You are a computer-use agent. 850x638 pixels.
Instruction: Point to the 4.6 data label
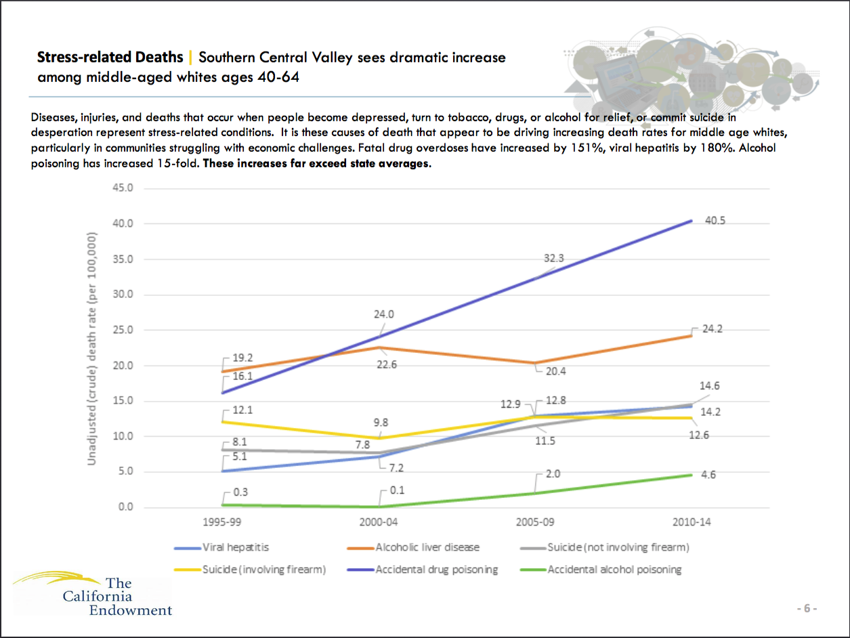(x=708, y=475)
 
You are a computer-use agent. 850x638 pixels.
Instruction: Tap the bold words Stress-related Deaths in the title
(x=110, y=57)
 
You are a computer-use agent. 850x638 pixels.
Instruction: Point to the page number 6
(x=806, y=608)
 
